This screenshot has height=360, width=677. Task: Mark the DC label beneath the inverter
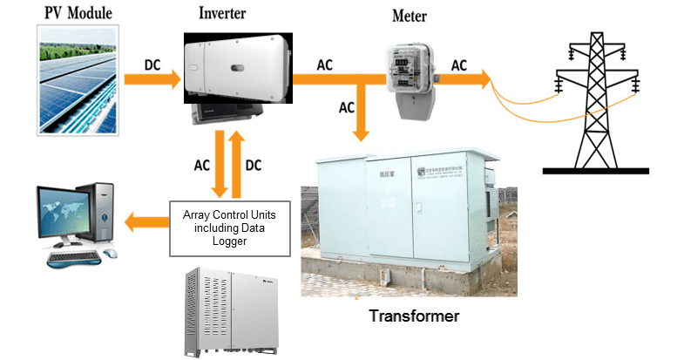[254, 164]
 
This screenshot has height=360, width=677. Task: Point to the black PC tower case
[104, 214]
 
